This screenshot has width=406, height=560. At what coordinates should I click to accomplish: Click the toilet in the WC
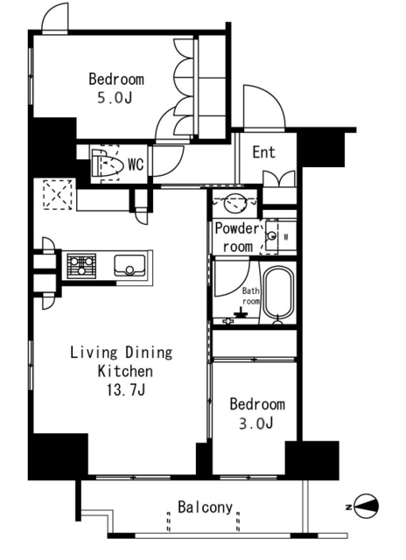(x=106, y=164)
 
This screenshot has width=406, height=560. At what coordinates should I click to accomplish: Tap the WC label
(x=136, y=164)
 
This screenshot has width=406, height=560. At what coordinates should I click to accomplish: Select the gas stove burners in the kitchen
(x=81, y=266)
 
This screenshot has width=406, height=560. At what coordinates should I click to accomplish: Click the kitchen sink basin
(x=129, y=265)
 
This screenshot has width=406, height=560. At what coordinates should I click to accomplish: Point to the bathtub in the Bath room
(x=278, y=293)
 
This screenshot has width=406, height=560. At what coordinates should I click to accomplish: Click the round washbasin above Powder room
(x=234, y=202)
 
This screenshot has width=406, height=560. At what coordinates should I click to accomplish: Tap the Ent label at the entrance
(x=264, y=152)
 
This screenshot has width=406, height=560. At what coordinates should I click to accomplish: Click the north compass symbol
(x=366, y=506)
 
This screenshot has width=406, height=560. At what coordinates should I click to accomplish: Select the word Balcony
(x=206, y=507)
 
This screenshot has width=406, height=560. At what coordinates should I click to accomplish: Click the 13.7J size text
(x=126, y=390)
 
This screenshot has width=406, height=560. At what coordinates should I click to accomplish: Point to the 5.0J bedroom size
(x=115, y=97)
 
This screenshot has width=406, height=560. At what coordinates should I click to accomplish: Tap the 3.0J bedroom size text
(x=256, y=423)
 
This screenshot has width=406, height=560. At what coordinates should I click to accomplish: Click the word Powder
(x=237, y=228)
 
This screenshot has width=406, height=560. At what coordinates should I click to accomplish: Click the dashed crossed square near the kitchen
(x=58, y=194)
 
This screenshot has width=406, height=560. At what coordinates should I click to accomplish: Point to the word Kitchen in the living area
(x=125, y=371)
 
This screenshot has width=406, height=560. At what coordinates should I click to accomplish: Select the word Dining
(x=149, y=353)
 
